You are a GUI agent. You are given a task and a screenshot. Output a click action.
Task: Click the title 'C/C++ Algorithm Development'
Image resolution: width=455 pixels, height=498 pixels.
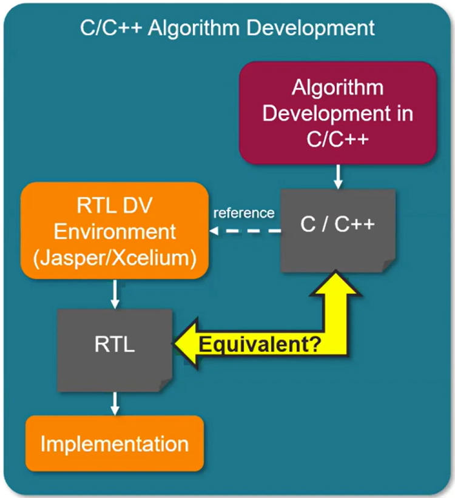click(227, 28)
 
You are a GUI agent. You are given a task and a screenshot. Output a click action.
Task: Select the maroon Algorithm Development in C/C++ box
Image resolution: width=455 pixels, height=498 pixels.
click(338, 113)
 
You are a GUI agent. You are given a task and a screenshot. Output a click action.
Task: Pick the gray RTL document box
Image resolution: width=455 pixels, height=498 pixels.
click(113, 348)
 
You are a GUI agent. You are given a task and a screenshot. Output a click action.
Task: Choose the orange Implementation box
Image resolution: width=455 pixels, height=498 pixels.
click(114, 443)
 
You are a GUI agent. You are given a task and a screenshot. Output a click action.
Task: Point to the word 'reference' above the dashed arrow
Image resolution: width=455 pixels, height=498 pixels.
click(243, 213)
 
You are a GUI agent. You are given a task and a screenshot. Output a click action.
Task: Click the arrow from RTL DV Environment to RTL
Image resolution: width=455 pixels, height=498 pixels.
click(114, 294)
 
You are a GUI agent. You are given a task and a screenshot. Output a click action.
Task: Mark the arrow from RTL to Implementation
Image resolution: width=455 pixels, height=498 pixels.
click(114, 403)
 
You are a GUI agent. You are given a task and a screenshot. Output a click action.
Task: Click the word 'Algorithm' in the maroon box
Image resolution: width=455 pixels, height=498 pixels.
click(338, 87)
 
